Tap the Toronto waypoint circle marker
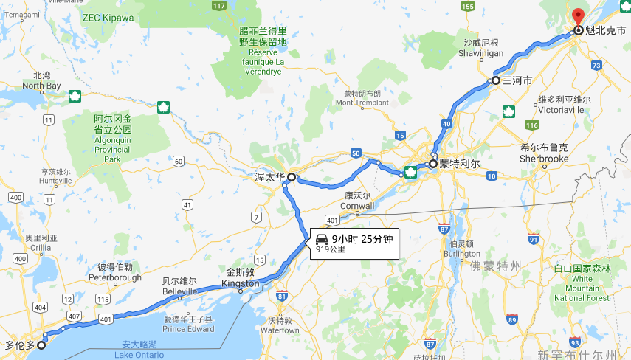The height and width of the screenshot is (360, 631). pos(41,345)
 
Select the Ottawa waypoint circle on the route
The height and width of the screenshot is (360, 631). pos(291,177)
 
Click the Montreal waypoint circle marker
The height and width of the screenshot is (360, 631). pos(432,164)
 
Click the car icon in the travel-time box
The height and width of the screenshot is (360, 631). pos(322,239)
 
